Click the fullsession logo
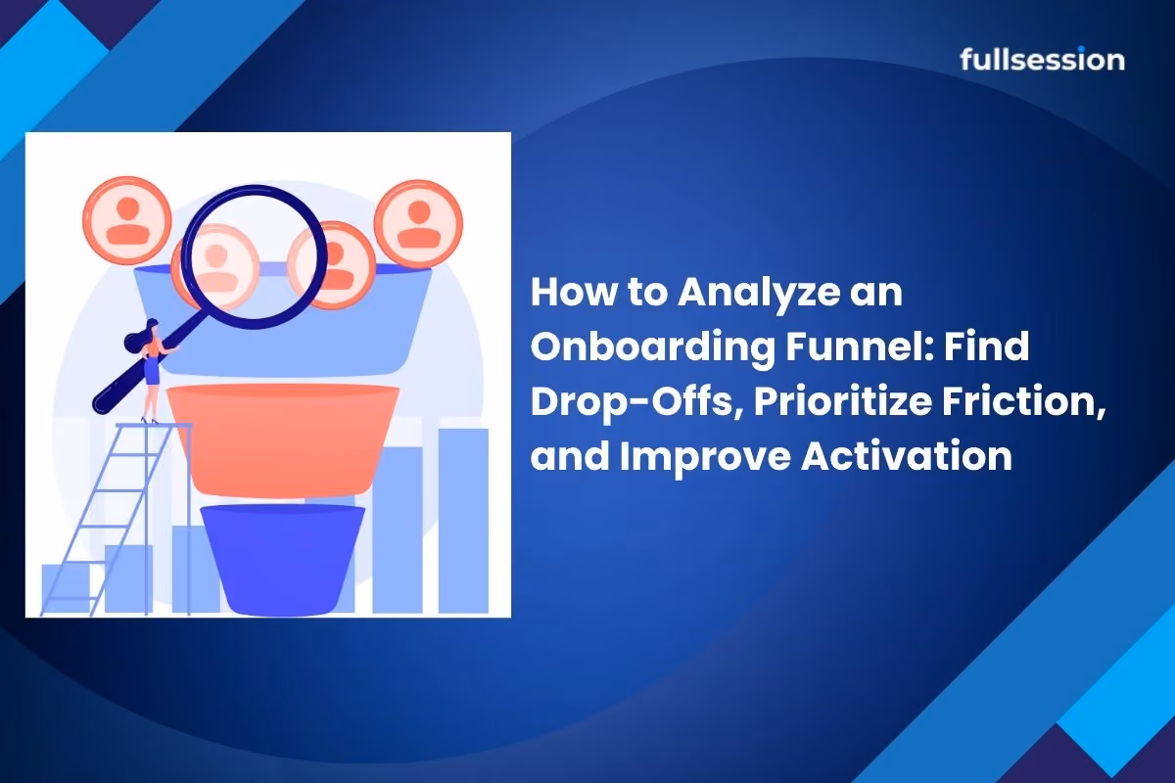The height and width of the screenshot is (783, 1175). pos(1042,59)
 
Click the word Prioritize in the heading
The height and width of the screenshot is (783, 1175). pos(842,403)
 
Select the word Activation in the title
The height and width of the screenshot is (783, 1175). pos(907,456)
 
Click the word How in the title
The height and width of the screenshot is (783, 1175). pos(574,292)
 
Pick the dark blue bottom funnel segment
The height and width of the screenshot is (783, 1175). pos(283,560)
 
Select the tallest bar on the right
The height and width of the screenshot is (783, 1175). pos(463,521)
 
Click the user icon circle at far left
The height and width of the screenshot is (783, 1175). pos(127,220)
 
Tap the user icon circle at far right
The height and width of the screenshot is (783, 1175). pos(419,224)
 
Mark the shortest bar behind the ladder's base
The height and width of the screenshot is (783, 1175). pos(66,588)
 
